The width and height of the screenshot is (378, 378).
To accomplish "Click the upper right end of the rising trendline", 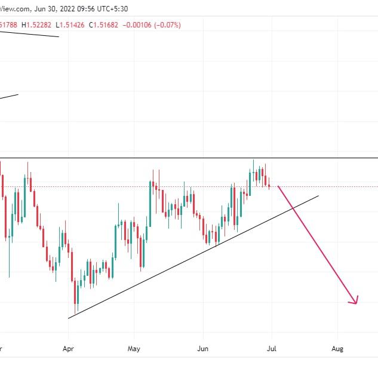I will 318,195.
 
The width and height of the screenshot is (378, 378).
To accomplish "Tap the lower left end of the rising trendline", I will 69,318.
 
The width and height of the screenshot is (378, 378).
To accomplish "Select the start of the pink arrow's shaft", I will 278,187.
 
